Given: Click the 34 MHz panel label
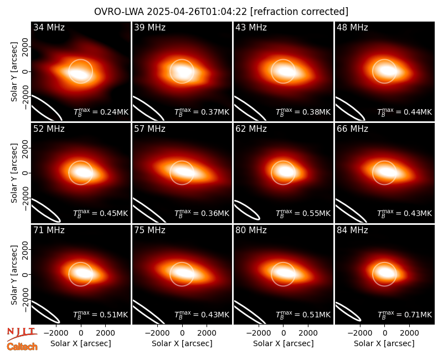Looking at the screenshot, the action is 49,27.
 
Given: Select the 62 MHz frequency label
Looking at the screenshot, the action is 251,129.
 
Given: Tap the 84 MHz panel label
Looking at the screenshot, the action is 352,230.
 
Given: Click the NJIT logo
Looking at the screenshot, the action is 22,333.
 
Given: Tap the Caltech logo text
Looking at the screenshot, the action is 22,347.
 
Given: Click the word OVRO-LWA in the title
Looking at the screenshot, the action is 119,12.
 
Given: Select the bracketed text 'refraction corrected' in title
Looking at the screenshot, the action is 300,12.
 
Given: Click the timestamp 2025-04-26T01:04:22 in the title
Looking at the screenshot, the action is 197,12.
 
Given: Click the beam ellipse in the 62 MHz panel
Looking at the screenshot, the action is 247,210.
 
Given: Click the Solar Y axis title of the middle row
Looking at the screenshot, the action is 14,173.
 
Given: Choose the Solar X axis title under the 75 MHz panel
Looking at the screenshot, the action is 182,343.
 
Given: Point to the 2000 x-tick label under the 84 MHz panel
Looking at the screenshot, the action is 409,333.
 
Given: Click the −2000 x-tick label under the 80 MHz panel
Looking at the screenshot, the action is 259,333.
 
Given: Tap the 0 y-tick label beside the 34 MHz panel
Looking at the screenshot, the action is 25,71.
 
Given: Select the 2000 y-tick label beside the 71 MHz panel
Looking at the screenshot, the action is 25,250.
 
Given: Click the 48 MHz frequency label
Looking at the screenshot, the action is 352,27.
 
